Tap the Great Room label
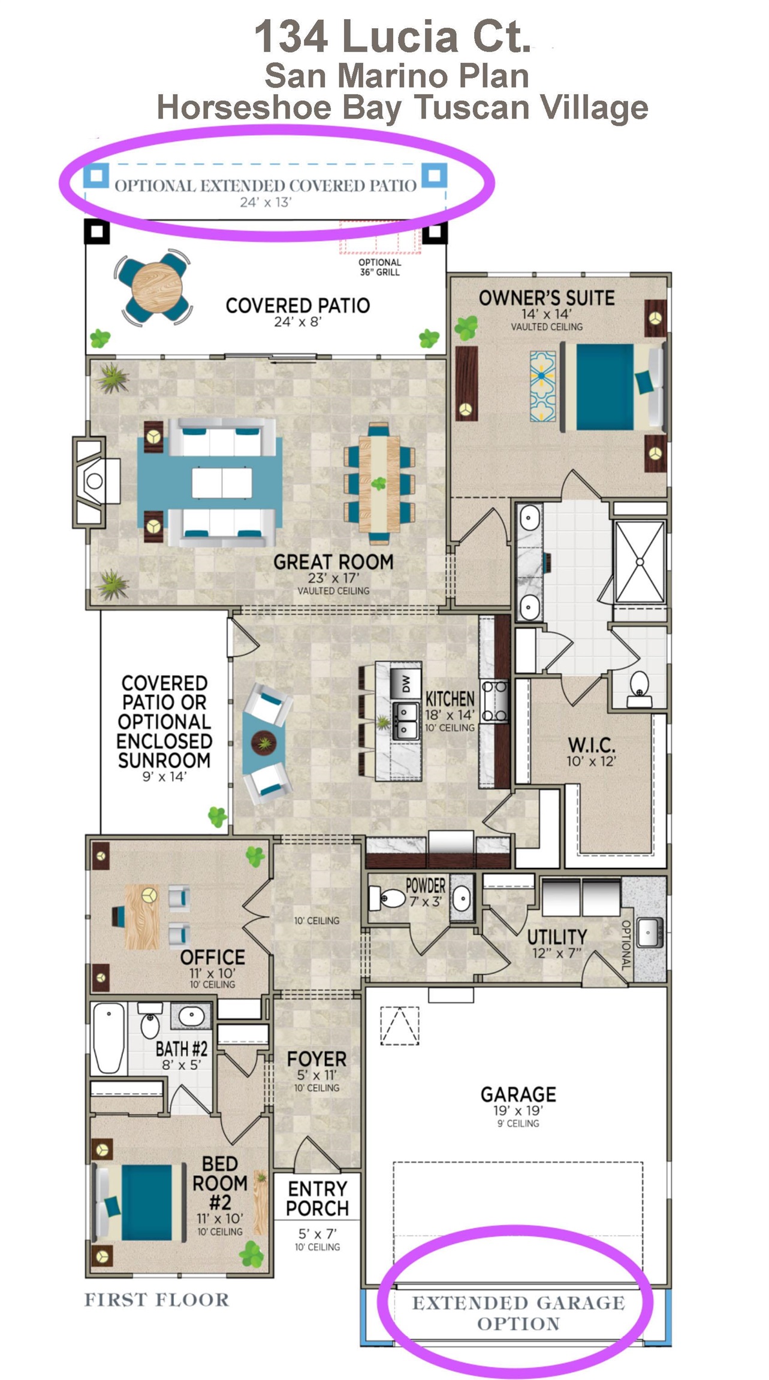[333, 562]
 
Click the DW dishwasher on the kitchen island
[405, 682]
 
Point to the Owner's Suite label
[546, 298]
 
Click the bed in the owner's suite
[617, 386]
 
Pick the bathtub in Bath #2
[109, 1039]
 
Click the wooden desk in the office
[143, 916]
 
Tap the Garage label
[518, 1094]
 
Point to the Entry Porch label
[317, 1198]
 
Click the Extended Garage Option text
[518, 1313]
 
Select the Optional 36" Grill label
[380, 267]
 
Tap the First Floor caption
[156, 1299]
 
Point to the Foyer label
[316, 1060]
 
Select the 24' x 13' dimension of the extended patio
[266, 202]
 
